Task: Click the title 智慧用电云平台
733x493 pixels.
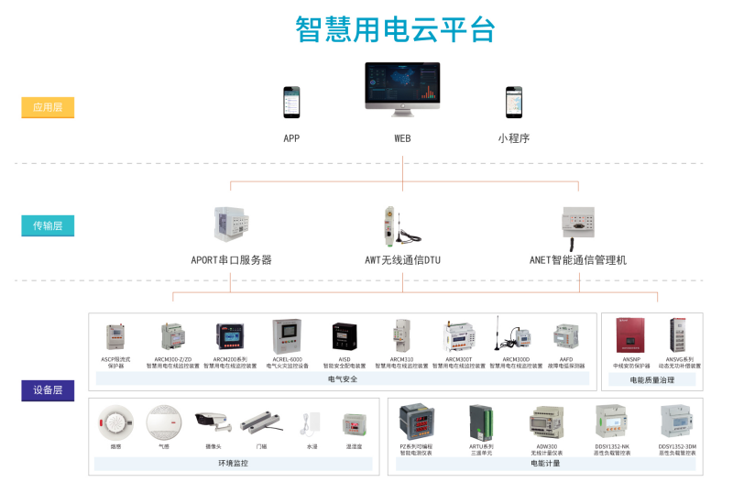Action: pyautogui.click(x=395, y=29)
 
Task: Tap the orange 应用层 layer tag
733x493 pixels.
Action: pyautogui.click(x=48, y=107)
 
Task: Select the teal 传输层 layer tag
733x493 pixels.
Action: pyautogui.click(x=48, y=225)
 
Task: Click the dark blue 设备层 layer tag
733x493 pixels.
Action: pyautogui.click(x=48, y=390)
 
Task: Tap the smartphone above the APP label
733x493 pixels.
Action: pyautogui.click(x=290, y=103)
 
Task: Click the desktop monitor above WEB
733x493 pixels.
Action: pyautogui.click(x=402, y=90)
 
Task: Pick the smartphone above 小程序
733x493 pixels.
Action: pyautogui.click(x=514, y=103)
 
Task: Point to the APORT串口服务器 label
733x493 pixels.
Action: pyautogui.click(x=231, y=260)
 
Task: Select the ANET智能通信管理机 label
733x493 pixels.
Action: pyautogui.click(x=578, y=260)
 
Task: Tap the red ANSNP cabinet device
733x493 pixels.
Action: pyautogui.click(x=631, y=336)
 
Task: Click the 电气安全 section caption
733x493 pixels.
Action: pyautogui.click(x=342, y=378)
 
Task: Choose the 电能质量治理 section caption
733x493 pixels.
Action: pyautogui.click(x=652, y=378)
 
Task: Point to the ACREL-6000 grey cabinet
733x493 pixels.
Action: pyautogui.click(x=287, y=336)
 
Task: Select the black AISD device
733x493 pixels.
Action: pyautogui.click(x=344, y=334)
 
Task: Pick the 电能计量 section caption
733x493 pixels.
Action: pyautogui.click(x=545, y=464)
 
